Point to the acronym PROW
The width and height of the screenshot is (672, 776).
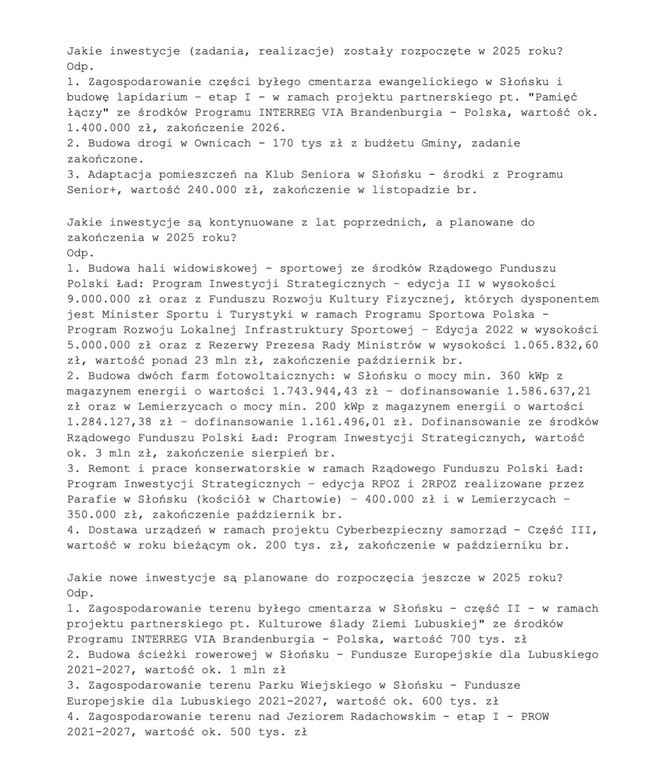click(x=535, y=716)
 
